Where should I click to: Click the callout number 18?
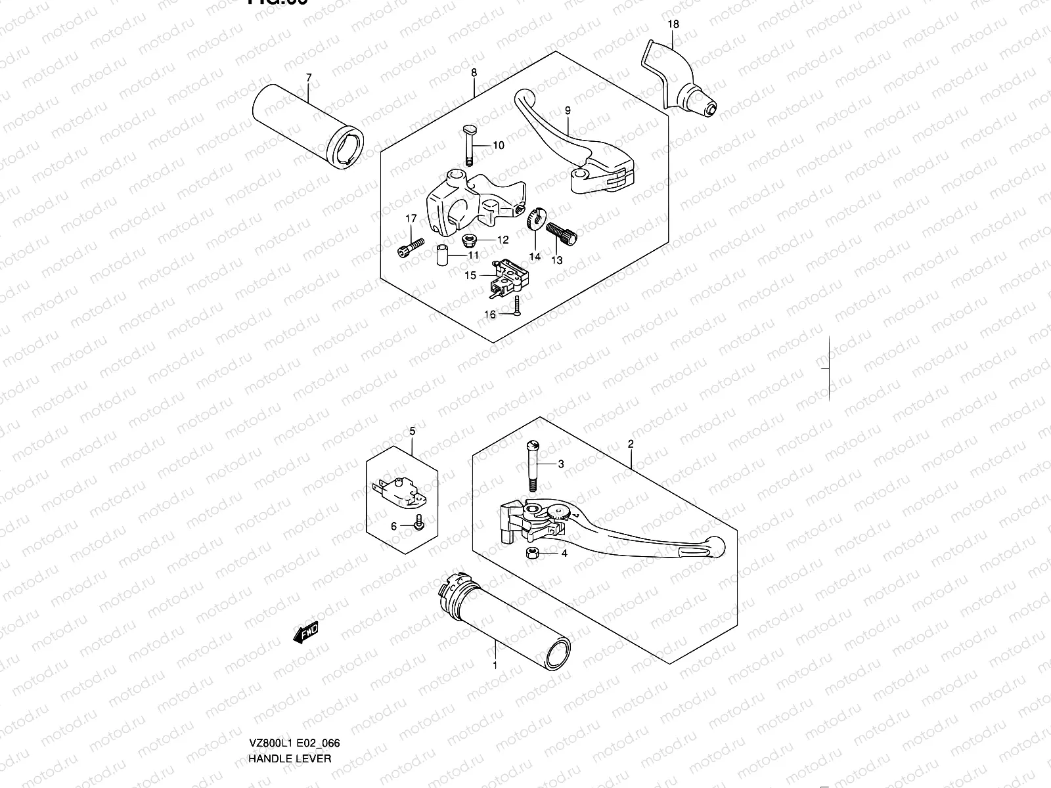click(x=673, y=25)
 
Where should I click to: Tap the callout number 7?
click(x=308, y=78)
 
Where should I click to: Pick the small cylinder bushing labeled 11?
click(x=443, y=253)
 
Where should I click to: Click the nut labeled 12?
click(x=470, y=240)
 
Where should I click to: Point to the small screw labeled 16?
click(x=518, y=305)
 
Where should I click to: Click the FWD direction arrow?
click(x=306, y=633)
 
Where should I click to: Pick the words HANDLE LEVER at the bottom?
click(x=290, y=703)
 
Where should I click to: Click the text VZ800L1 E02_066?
click(x=294, y=688)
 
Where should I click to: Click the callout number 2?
click(x=631, y=444)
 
